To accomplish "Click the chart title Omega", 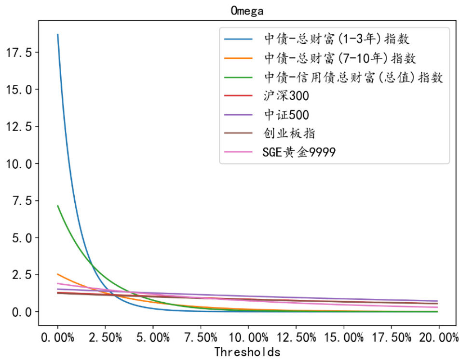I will [247, 11].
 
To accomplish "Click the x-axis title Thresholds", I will [247, 352].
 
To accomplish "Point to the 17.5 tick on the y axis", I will [19, 53].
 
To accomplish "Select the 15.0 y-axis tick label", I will [19, 90].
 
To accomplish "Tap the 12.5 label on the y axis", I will [19, 127].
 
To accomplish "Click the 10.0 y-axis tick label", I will [19, 164].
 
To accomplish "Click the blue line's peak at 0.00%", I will [58, 35].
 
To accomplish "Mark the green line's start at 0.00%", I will [58, 206].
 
